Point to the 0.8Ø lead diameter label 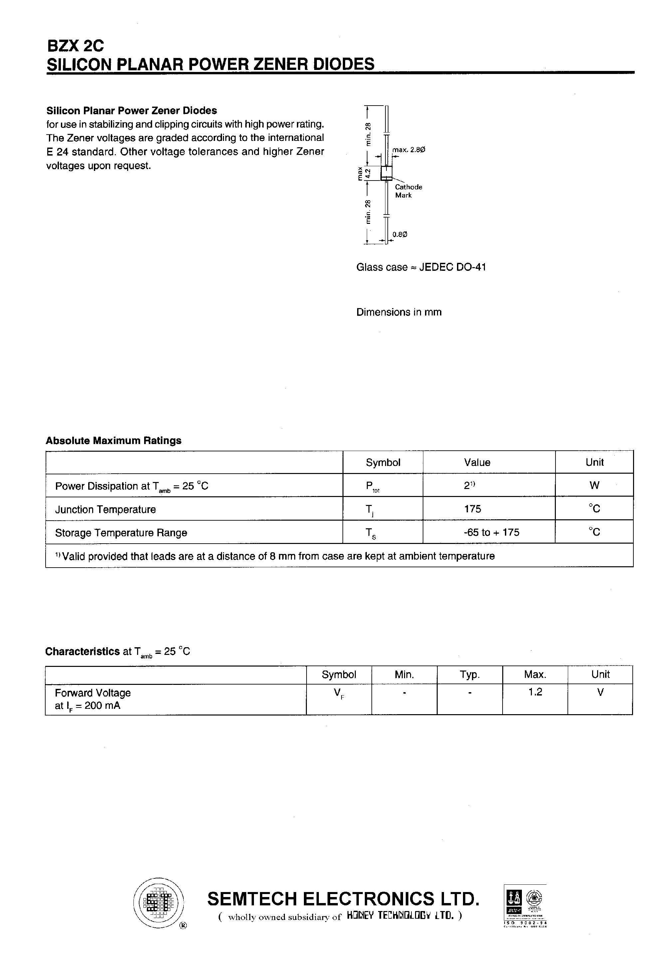399,235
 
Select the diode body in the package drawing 386,173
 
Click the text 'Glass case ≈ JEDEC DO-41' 421,267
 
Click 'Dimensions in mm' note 399,312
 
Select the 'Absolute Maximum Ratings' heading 113,441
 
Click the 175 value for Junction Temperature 472,509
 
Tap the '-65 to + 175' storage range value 491,532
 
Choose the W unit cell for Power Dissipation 594,485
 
